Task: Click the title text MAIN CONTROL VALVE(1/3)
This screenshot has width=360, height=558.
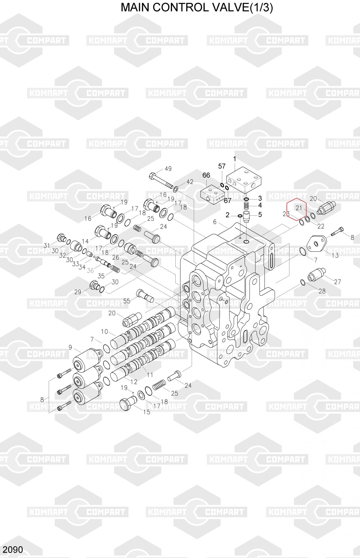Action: click(x=197, y=8)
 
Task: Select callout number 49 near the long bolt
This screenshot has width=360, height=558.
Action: click(x=168, y=169)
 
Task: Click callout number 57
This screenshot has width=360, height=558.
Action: click(x=222, y=167)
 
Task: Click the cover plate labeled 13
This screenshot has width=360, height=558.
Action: click(x=316, y=243)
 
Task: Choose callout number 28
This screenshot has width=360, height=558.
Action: click(x=322, y=291)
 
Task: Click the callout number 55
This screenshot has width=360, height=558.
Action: click(x=127, y=301)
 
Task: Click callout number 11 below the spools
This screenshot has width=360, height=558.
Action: click(x=150, y=375)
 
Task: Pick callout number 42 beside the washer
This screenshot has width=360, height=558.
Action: click(x=190, y=182)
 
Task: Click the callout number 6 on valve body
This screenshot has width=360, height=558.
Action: click(x=215, y=222)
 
